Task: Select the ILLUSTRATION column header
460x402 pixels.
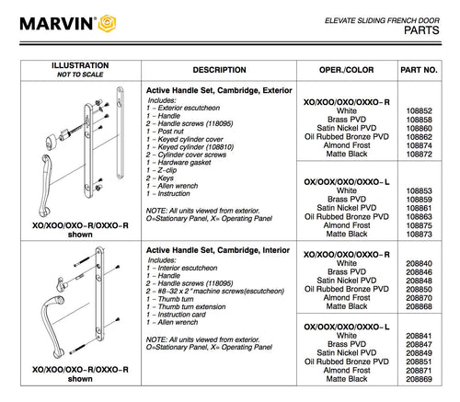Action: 79,65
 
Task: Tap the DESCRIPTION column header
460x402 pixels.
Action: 219,70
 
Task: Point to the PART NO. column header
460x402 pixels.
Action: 425,70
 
